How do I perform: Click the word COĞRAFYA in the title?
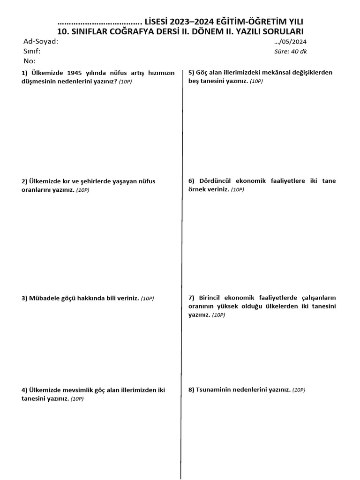[x=147, y=31]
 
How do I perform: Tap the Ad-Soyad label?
[x=41, y=41]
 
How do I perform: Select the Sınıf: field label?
[x=32, y=51]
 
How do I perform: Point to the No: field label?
[x=29, y=61]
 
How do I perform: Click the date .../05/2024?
[x=291, y=41]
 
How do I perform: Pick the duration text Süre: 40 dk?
[x=291, y=52]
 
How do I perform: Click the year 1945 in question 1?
[x=77, y=73]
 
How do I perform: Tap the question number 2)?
[x=24, y=181]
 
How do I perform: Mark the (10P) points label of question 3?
[x=148, y=299]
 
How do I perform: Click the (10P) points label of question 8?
[x=299, y=390]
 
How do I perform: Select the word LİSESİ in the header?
[x=159, y=22]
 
